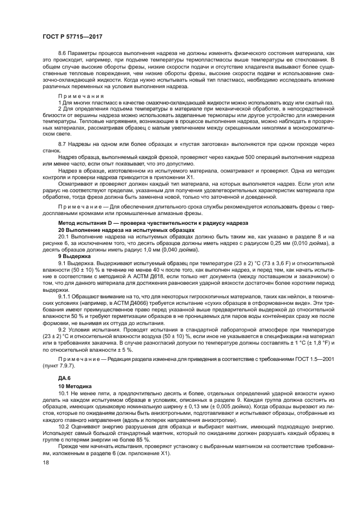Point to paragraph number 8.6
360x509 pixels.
click(62, 52)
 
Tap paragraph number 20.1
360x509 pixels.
click(64, 237)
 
